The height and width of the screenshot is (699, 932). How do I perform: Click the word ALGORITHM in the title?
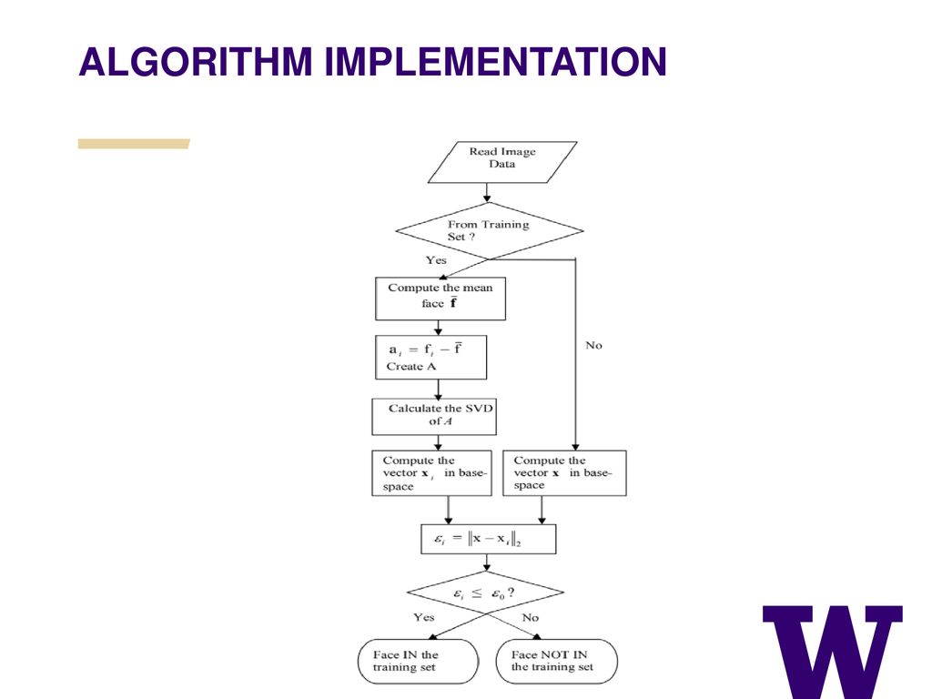[x=196, y=62]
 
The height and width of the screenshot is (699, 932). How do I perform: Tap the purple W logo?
[x=833, y=652]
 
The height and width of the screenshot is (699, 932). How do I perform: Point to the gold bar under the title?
[x=134, y=144]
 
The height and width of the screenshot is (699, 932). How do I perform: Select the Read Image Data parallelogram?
[x=502, y=162]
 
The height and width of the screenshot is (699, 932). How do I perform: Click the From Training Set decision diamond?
[x=489, y=230]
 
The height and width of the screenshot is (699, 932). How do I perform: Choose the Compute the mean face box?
[x=441, y=299]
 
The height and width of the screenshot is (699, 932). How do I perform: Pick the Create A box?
[x=431, y=357]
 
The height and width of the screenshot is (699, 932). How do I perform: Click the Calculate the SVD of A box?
[x=434, y=417]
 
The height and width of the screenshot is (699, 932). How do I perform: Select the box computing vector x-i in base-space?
[x=432, y=473]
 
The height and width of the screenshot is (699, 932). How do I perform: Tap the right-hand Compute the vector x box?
[x=564, y=473]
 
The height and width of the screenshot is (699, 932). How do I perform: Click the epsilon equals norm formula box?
[x=489, y=539]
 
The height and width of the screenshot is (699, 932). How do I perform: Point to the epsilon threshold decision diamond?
[x=486, y=593]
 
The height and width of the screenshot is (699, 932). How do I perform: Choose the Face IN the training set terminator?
[x=418, y=661]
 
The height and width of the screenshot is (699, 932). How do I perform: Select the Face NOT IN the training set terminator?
[x=556, y=661]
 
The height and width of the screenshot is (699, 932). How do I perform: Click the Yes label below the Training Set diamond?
[x=436, y=259]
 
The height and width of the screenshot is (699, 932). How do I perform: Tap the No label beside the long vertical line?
[x=593, y=345]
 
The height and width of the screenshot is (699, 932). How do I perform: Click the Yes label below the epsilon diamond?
[x=424, y=617]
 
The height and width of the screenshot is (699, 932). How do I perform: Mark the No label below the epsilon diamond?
[x=531, y=618]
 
